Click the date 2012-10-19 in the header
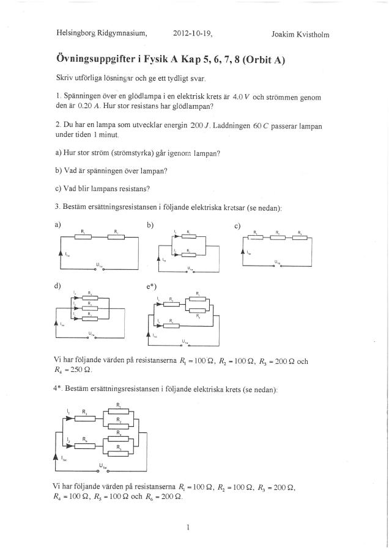point(193,34)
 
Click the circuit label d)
point(58,285)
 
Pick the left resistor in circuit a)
point(83,238)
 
